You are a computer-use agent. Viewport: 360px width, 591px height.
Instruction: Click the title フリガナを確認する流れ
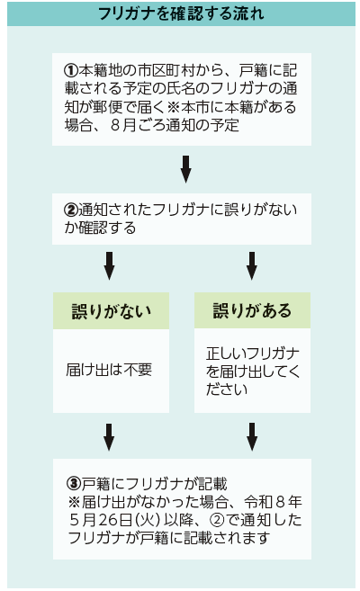(x=181, y=13)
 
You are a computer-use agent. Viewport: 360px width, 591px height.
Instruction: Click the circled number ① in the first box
(x=71, y=70)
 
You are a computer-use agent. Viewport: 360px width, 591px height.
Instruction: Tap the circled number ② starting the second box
(x=71, y=210)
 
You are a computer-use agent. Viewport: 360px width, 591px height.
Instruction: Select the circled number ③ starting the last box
(x=75, y=483)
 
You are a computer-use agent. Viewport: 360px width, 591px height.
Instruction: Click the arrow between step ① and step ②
(x=185, y=169)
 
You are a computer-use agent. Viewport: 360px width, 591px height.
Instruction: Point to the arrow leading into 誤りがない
(x=109, y=266)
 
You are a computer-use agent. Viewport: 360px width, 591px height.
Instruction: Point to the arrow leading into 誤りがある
(x=252, y=266)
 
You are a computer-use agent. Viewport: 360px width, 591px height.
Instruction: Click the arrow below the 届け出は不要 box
(x=109, y=437)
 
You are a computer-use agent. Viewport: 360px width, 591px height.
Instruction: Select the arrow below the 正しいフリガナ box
(x=252, y=437)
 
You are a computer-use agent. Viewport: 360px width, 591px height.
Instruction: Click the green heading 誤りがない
(x=112, y=311)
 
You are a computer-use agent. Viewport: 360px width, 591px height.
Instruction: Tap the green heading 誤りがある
(x=252, y=310)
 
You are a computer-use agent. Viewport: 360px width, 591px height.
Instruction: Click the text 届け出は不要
(x=109, y=370)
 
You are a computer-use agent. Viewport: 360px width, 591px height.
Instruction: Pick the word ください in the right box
(x=227, y=389)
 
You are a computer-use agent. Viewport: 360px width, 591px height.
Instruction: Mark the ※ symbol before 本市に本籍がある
(x=174, y=107)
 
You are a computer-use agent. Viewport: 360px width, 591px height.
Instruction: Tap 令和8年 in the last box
(x=273, y=502)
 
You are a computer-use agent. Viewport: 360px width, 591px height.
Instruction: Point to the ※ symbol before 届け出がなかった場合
(x=75, y=502)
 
